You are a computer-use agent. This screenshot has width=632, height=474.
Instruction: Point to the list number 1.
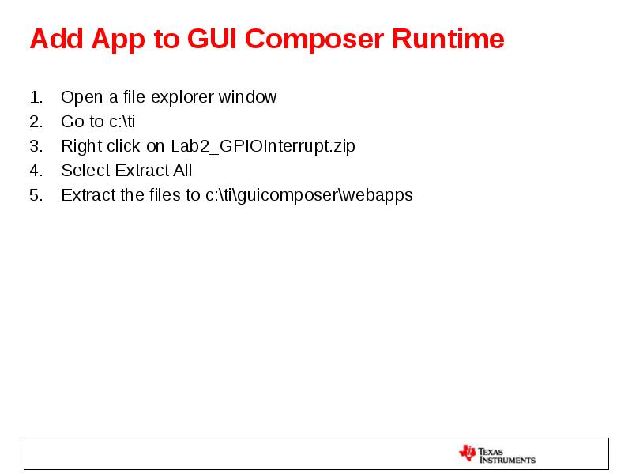point(35,97)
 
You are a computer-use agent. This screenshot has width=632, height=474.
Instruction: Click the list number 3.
point(35,146)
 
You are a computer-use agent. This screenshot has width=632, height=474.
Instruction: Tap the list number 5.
point(35,195)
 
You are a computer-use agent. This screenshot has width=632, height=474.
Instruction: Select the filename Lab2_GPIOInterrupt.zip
point(263,146)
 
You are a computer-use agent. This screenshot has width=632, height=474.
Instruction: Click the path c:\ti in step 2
point(122,122)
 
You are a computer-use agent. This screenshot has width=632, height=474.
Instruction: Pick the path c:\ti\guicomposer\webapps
point(309,195)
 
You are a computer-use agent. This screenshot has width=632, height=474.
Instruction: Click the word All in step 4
point(182,171)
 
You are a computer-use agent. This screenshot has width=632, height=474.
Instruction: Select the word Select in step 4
point(85,171)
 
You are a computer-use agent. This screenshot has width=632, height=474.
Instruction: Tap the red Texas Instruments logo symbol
point(467,453)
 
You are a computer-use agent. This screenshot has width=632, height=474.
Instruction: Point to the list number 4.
point(35,171)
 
